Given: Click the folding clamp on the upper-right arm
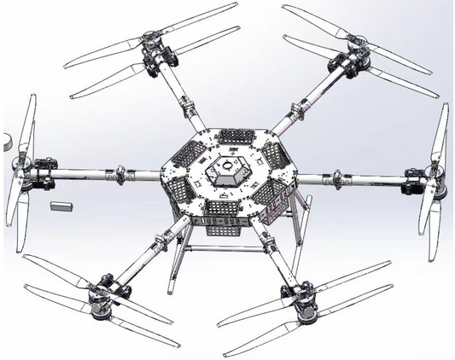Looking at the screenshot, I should tap(298, 109).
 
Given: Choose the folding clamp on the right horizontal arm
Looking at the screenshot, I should tap(339, 178).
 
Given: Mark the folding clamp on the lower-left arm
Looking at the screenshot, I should tap(160, 241).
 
